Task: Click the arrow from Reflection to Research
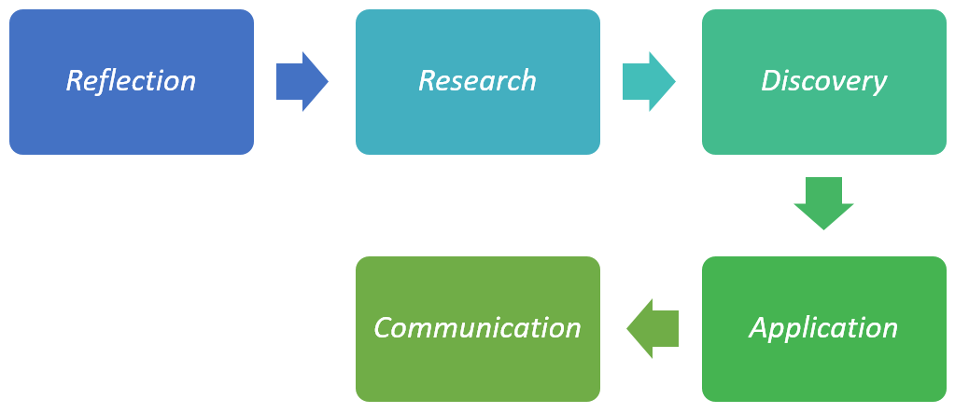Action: (x=302, y=81)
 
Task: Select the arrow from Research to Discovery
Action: (x=648, y=81)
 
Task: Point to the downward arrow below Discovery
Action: (x=823, y=202)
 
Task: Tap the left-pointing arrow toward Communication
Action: (x=653, y=328)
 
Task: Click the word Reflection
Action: (x=131, y=81)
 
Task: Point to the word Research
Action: (x=477, y=81)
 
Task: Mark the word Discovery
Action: (x=823, y=81)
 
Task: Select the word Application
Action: (x=823, y=328)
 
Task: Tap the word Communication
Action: (x=477, y=328)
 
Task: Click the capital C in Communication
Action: (x=383, y=328)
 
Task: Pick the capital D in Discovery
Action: (x=771, y=80)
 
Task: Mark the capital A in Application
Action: (x=759, y=328)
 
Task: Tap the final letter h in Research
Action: (x=529, y=80)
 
